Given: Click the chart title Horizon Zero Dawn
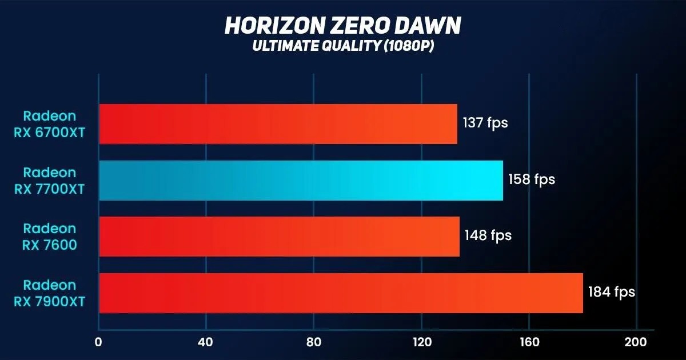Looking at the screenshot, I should (x=343, y=26).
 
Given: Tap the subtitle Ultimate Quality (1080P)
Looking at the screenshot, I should (x=343, y=46).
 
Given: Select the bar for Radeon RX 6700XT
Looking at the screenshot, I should (x=278, y=124).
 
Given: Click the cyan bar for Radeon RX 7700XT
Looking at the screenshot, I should (x=301, y=181).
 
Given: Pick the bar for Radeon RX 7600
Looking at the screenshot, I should (x=279, y=237).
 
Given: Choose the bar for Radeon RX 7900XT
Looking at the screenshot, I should (x=341, y=293).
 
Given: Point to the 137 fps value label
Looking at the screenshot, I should (x=485, y=123).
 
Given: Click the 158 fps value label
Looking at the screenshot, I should (x=532, y=179).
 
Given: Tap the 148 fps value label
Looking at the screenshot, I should (x=488, y=235).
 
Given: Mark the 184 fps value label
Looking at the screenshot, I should (x=612, y=292).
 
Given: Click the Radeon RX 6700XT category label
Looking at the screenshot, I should (x=49, y=124).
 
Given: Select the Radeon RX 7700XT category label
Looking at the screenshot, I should (x=49, y=181).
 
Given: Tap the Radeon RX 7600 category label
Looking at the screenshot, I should (x=49, y=237).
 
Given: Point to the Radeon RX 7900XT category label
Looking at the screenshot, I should (x=49, y=293).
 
